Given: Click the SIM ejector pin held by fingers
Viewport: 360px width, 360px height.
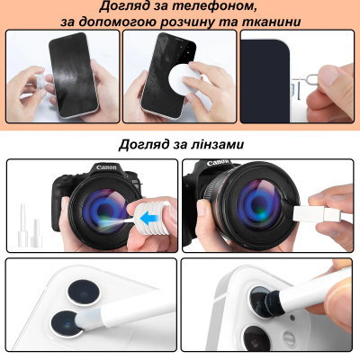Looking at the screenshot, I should coord(319,68).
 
